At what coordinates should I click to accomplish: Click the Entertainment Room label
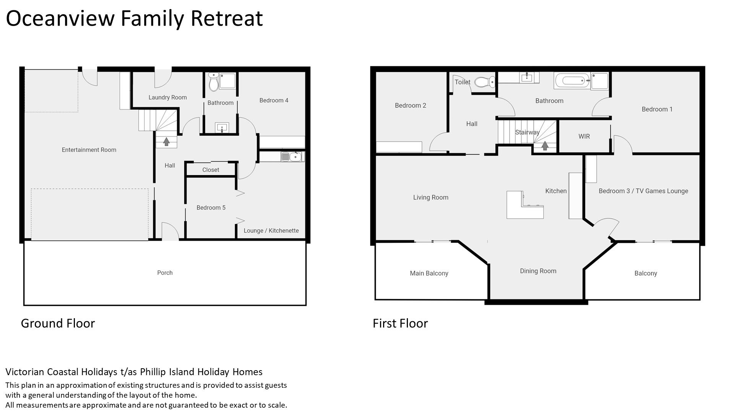point(89,150)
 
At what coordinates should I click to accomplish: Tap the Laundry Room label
point(167,98)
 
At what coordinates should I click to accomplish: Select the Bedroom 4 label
point(274,101)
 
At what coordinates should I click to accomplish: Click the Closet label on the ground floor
point(211,170)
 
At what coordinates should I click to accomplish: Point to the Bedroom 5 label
point(211,208)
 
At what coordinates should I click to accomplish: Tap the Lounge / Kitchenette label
point(271,231)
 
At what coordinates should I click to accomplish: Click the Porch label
point(165,273)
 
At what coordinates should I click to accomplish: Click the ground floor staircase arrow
point(166,141)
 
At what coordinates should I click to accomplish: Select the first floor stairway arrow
point(545,146)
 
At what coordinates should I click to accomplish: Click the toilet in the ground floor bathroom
point(214,81)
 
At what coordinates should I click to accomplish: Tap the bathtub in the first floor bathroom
point(571,81)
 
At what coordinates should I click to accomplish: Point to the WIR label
point(584,137)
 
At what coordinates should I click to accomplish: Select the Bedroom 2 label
point(411,106)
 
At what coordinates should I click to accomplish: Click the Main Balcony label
point(429,273)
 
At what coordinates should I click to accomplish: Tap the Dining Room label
point(538,271)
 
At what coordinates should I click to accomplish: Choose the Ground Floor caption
point(58,324)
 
